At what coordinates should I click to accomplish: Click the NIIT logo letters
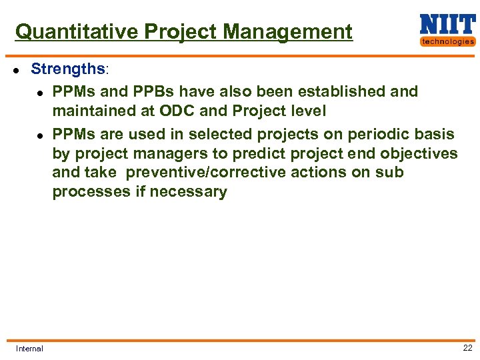point(447,25)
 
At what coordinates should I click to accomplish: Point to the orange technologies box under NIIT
point(447,41)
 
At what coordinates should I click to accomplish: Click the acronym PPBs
point(159,91)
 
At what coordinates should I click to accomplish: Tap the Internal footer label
point(29,348)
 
